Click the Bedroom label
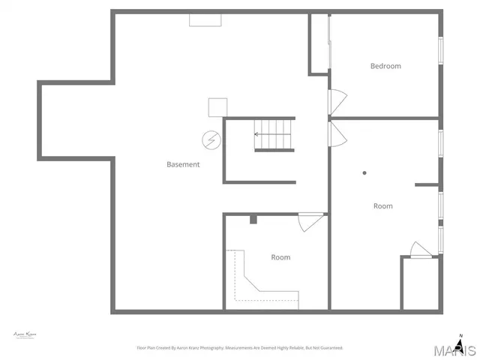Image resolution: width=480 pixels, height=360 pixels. (385, 66)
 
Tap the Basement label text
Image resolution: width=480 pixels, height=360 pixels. (183, 164)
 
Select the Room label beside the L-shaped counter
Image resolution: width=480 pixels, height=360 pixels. (280, 257)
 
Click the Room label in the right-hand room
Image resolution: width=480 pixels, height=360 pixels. (382, 205)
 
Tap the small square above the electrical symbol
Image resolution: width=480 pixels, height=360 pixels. (217, 107)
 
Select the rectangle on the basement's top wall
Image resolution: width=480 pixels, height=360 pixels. (204, 19)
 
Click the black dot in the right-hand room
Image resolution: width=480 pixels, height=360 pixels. (364, 173)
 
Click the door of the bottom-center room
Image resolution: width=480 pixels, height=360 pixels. (308, 222)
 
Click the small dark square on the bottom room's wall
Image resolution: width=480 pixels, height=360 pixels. (253, 219)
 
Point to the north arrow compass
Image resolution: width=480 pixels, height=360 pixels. (460, 340)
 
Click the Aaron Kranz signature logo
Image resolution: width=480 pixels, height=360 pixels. (25, 334)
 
